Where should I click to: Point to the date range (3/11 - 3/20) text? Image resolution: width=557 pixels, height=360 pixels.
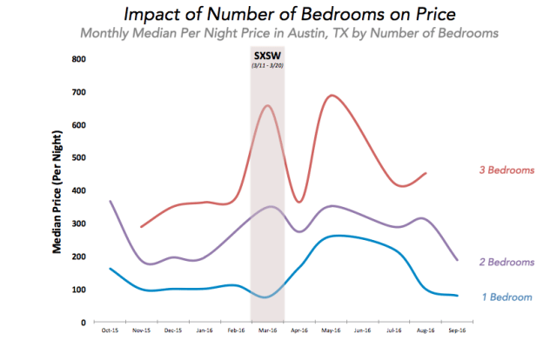[x=266, y=67]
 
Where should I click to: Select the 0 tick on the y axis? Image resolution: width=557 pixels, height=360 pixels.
[x=83, y=322]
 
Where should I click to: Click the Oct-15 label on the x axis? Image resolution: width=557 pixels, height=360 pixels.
[x=110, y=332]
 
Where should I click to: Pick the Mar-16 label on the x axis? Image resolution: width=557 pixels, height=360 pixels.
[x=267, y=332]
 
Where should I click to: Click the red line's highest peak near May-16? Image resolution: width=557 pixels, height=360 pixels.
[x=331, y=96]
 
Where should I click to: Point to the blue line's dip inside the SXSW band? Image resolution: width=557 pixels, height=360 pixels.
[x=266, y=297]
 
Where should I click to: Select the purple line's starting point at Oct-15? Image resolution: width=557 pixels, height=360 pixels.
[x=110, y=201]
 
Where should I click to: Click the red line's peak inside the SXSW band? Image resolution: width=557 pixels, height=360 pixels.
[x=267, y=105]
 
